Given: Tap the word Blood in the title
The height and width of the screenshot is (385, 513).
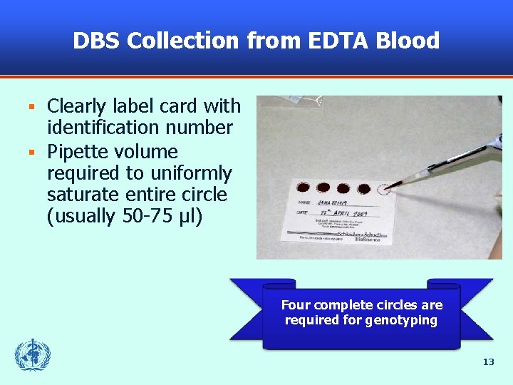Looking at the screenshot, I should pyautogui.click(x=410, y=41).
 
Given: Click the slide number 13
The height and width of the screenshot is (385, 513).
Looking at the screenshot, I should pyautogui.click(x=488, y=361).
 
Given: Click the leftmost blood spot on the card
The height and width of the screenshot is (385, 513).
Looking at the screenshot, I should pyautogui.click(x=304, y=188).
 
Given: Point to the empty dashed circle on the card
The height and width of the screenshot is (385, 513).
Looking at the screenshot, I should pyautogui.click(x=383, y=190).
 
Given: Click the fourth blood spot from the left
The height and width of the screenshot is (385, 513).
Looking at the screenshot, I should pyautogui.click(x=363, y=189).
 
